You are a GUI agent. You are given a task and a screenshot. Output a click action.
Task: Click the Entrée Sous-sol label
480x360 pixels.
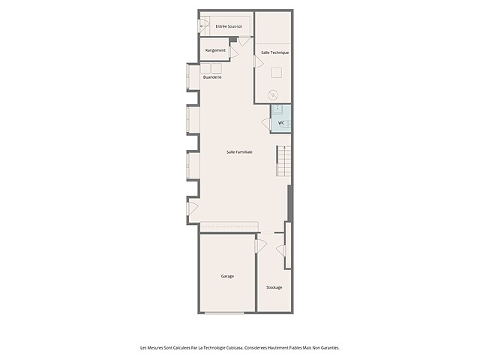(x=229, y=27)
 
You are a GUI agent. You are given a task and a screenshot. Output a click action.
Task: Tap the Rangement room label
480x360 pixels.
(x=215, y=50)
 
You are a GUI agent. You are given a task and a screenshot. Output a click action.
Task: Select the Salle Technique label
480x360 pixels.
(x=275, y=52)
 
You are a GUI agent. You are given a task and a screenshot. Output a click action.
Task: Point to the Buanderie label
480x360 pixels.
(x=212, y=77)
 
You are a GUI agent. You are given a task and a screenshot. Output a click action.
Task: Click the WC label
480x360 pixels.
(x=281, y=123)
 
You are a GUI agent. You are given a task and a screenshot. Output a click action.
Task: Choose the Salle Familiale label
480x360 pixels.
(x=239, y=151)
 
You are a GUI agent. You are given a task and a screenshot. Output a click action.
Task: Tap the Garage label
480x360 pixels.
(x=227, y=276)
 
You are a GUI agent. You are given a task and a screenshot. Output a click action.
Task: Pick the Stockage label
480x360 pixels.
(x=274, y=287)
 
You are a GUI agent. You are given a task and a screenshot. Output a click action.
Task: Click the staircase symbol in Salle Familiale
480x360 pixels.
(x=283, y=161)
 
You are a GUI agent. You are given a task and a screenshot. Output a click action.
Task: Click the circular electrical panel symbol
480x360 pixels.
(x=273, y=95)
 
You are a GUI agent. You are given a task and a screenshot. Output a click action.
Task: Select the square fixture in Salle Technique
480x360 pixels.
(x=277, y=73)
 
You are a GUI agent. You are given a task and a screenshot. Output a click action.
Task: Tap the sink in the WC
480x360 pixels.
(x=277, y=109)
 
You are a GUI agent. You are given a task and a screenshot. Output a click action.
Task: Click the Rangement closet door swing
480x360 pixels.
(x=233, y=52)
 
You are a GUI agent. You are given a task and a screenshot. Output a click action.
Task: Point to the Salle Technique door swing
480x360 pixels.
(x=258, y=61)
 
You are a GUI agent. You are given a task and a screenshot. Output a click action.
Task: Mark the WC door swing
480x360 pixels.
(x=266, y=124)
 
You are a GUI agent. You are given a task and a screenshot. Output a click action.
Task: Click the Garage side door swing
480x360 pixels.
(x=261, y=246)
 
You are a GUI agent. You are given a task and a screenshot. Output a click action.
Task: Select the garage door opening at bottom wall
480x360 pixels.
(x=224, y=313)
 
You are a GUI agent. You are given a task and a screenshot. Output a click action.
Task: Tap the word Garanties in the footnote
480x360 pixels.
(x=330, y=348)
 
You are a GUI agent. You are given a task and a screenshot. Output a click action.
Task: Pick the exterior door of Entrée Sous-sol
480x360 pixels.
(x=202, y=25)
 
